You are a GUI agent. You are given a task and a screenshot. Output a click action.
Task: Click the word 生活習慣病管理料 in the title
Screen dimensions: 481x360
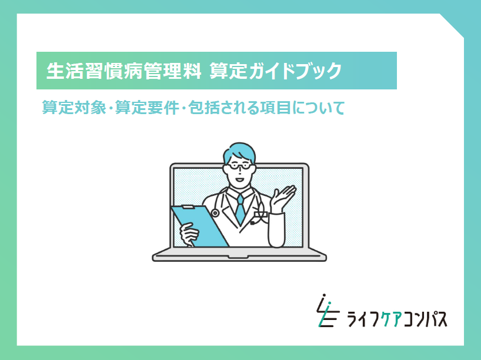coord(123,71)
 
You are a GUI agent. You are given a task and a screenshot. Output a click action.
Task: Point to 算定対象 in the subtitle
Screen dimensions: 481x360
coord(74,108)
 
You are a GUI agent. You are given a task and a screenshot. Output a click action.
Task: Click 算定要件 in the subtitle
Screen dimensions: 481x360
coord(147,108)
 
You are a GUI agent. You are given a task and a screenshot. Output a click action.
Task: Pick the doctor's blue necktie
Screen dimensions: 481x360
coord(240,209)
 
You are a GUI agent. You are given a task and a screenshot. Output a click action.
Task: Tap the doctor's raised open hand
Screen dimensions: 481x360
coord(282,199)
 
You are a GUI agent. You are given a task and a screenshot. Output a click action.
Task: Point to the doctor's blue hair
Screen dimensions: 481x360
coord(239,152)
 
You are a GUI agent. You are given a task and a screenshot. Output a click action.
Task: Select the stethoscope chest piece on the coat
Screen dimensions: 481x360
coord(215,213)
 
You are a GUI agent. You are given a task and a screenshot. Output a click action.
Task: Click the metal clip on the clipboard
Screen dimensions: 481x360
coord(188,207)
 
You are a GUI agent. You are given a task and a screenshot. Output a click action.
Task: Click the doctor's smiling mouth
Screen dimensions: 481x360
coord(239,179)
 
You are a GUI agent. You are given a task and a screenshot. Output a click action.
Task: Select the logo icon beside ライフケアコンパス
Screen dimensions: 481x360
coord(328,310)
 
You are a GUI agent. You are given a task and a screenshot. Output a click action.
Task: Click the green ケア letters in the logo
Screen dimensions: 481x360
coord(390,319)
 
